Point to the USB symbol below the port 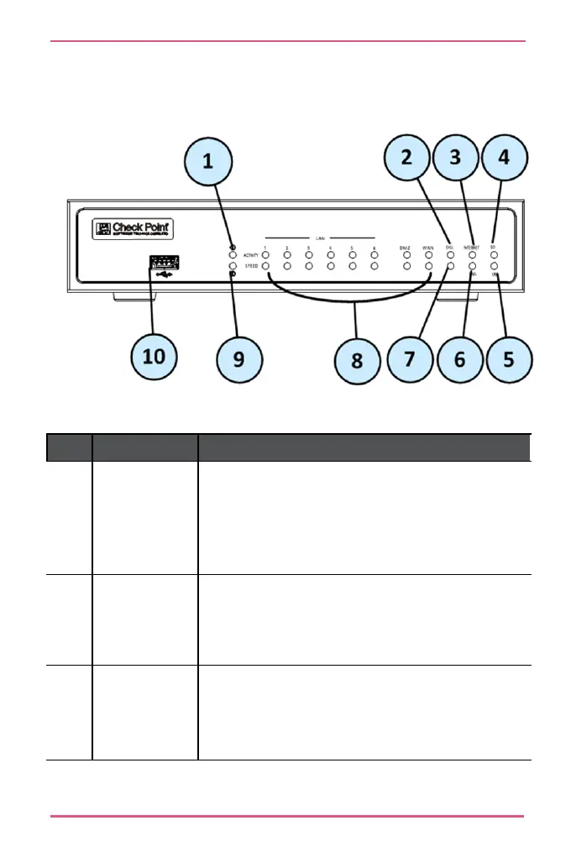[x=163, y=274]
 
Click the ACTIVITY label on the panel [x=250, y=253]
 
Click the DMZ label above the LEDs [x=406, y=247]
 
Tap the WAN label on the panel [x=427, y=247]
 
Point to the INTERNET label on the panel [x=471, y=247]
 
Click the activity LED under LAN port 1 [x=265, y=254]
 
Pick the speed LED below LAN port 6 [x=375, y=266]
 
